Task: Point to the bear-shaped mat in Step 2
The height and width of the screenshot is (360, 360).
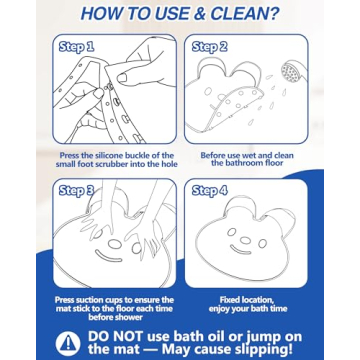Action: click(240, 100)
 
